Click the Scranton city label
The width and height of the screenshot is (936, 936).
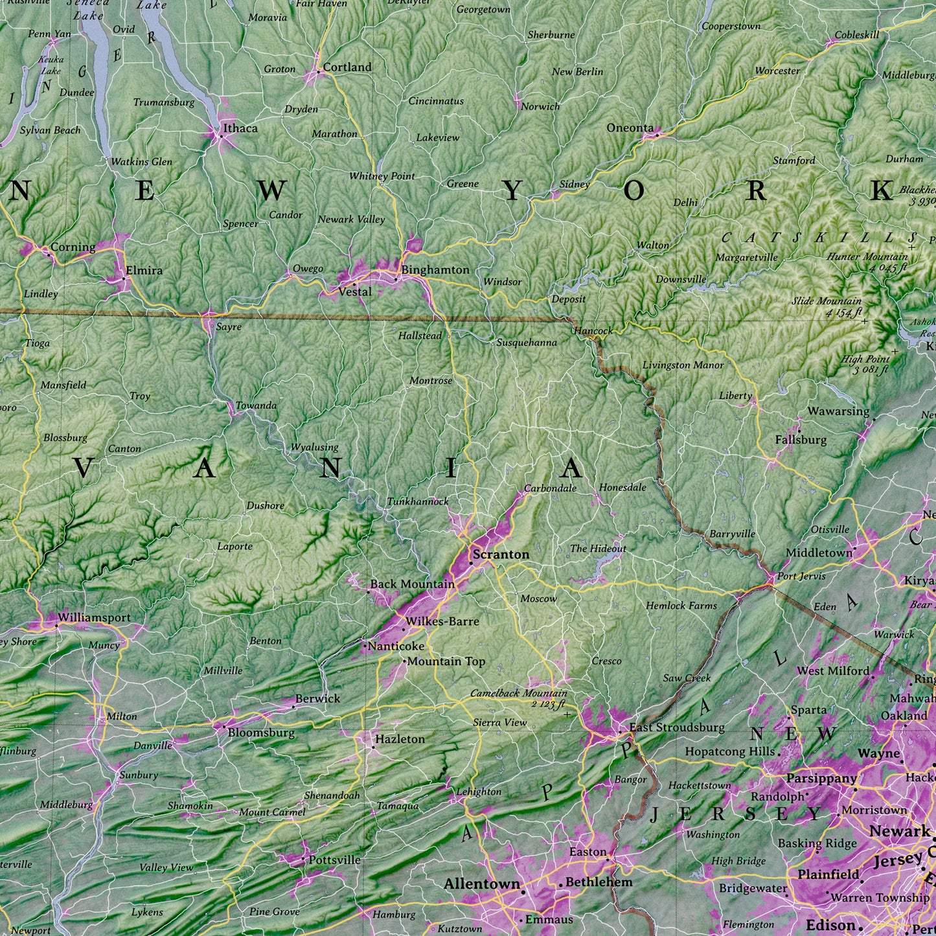click(501, 554)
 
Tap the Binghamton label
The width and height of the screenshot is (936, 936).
click(435, 269)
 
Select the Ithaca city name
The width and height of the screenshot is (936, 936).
click(240, 128)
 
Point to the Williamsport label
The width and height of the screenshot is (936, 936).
click(94, 618)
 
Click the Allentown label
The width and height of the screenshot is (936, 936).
click(482, 884)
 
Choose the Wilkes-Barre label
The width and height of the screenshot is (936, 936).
click(442, 621)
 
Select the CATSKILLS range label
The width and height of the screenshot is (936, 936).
click(819, 238)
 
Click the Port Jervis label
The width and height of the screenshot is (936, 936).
click(801, 576)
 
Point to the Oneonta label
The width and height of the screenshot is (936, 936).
click(630, 128)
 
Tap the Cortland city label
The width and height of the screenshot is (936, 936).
click(347, 67)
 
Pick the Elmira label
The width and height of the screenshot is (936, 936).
click(144, 270)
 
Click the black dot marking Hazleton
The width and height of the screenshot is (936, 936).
click(373, 747)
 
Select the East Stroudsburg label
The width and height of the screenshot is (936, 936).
click(677, 727)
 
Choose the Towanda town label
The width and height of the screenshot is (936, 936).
click(256, 405)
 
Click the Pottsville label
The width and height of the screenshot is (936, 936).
click(334, 860)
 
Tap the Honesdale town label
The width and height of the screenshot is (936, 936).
click(622, 487)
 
